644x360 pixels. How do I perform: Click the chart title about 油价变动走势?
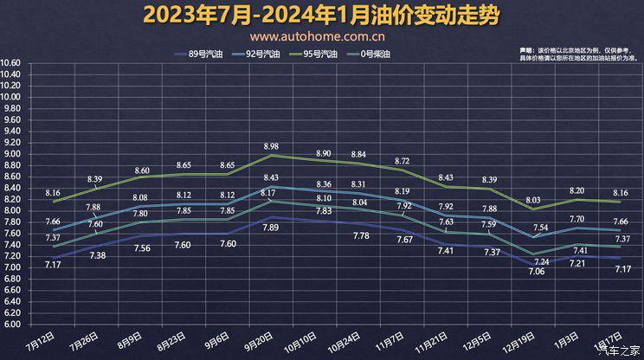coord(321,15)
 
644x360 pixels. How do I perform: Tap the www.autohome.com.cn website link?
coord(318,37)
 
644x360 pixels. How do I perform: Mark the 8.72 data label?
coord(402,161)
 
